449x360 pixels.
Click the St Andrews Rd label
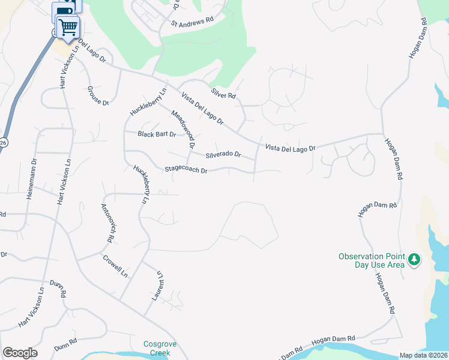point(192,23)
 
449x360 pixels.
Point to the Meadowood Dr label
point(184,129)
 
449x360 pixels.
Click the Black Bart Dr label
point(157,134)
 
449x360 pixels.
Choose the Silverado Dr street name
point(223,154)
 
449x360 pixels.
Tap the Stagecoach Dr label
point(186,170)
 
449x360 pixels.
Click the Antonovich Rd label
point(108,223)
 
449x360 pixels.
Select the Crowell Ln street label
point(115,266)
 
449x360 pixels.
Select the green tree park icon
point(414,260)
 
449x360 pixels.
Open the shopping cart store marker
point(68,26)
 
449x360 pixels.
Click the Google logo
point(20,353)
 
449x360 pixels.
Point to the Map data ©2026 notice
point(423,355)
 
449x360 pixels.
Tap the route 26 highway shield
point(2,142)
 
